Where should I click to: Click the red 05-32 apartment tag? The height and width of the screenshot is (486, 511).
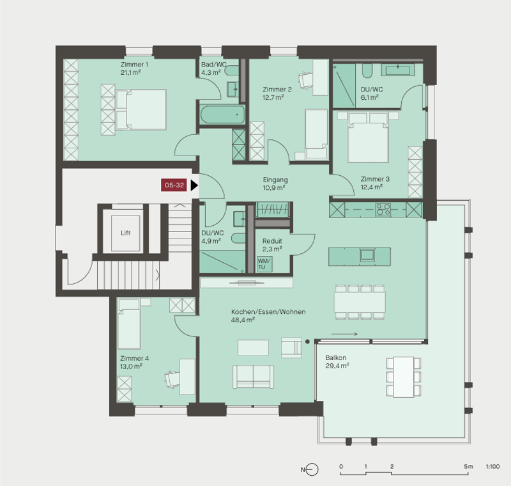[x=174, y=185]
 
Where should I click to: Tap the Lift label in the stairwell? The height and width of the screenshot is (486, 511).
[x=125, y=233]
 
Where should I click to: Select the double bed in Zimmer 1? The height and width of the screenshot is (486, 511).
[x=141, y=109]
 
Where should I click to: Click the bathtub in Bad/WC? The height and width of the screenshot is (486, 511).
[x=222, y=114]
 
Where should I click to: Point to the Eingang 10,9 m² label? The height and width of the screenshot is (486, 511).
[x=275, y=184]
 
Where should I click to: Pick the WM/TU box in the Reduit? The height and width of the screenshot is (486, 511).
[x=264, y=264]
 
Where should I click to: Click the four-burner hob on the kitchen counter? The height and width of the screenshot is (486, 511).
[x=383, y=209]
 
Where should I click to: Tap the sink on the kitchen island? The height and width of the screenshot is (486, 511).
[x=367, y=255]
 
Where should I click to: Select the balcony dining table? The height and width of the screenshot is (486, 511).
[x=404, y=377]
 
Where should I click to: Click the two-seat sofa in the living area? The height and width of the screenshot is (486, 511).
[x=253, y=377]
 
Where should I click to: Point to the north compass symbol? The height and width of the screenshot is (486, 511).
[x=312, y=469]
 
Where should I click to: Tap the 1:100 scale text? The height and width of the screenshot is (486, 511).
[x=492, y=467]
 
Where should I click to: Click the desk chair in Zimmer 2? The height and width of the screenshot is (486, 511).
[x=305, y=80]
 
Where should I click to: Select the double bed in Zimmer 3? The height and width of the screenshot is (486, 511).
[x=369, y=137]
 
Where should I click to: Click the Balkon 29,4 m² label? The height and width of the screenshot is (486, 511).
[x=337, y=362]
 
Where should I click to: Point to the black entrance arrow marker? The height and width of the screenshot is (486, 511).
[x=194, y=185]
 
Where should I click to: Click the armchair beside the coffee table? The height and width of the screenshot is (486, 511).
[x=291, y=347]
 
